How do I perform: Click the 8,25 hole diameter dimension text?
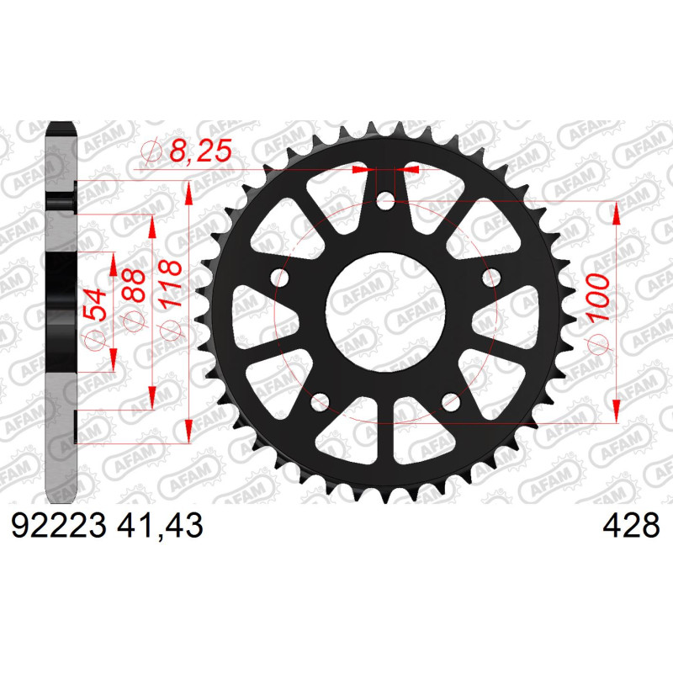[200, 151]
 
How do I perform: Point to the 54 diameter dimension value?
[94, 305]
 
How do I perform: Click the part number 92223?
[58, 526]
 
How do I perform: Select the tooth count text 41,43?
[160, 526]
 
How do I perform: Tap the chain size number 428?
[631, 526]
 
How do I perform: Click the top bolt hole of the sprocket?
[385, 202]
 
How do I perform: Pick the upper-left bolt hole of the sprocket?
[280, 278]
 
